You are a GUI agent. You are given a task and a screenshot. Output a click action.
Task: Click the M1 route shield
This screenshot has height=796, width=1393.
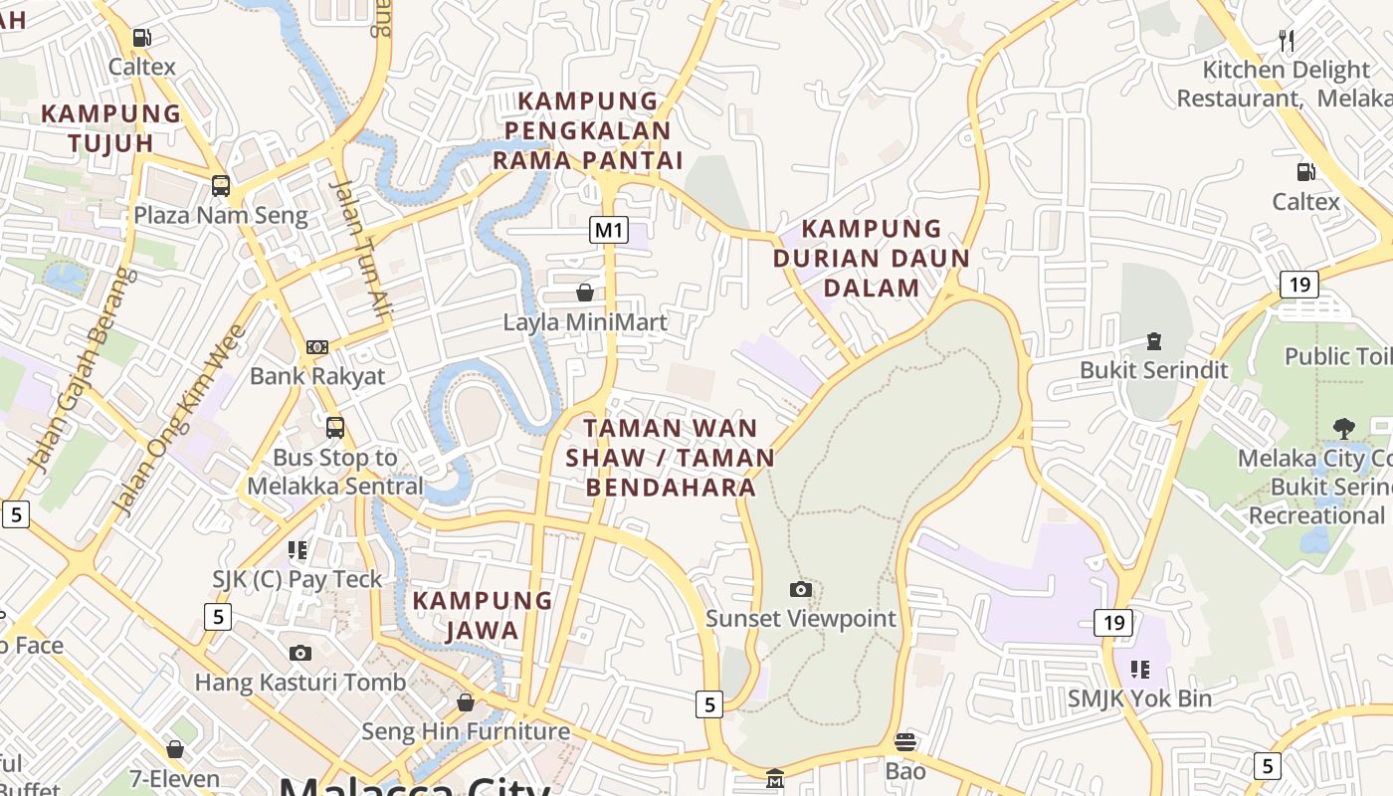coord(609,231)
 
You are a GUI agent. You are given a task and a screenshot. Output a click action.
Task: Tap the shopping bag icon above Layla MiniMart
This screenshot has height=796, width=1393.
coord(585,293)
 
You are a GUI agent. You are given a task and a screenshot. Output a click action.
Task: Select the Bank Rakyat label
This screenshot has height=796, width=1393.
coord(316,376)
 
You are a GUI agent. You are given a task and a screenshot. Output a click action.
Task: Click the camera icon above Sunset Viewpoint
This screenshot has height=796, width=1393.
coord(800,589)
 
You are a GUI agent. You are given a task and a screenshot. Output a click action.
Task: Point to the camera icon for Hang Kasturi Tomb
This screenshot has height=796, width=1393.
coord(299,653)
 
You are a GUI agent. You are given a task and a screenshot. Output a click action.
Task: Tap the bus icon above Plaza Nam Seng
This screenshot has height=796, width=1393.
coord(220,185)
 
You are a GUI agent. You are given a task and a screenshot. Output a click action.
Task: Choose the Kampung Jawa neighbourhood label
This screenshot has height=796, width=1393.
coord(482,615)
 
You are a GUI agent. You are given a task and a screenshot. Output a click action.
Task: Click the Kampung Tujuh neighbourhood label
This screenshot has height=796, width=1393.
coord(110,128)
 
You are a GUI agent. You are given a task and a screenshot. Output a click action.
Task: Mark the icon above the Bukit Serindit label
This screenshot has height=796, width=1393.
coord(1154,341)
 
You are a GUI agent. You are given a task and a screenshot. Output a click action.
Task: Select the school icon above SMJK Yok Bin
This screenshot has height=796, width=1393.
coord(1139,669)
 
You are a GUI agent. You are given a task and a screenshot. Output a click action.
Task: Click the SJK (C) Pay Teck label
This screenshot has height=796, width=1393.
coord(297,579)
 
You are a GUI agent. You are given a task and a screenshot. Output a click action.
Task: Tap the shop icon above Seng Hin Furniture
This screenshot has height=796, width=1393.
coord(465,702)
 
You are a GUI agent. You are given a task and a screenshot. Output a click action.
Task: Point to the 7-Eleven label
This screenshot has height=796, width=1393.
coord(175,778)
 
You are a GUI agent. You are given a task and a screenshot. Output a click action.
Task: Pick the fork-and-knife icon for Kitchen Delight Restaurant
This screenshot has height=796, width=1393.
coord(1287,40)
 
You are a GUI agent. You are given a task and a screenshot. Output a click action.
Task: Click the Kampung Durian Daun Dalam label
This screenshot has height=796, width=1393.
coord(871,259)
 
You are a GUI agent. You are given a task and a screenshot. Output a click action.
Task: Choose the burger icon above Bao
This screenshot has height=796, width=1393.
coord(904,742)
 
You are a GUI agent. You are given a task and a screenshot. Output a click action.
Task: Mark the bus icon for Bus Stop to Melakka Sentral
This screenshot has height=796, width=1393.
coord(335,428)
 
